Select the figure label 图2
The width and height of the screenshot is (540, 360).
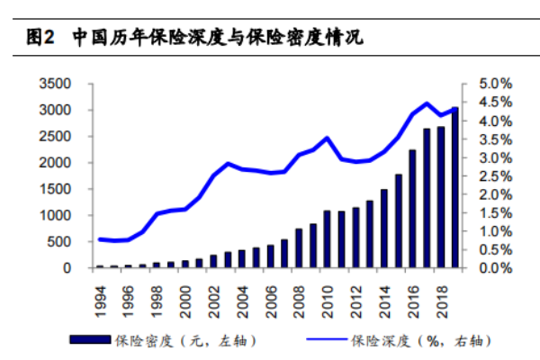tap(40, 37)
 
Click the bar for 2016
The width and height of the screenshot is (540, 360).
tap(412, 209)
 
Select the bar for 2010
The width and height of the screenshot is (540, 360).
tap(328, 239)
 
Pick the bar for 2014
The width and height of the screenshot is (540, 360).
tap(384, 229)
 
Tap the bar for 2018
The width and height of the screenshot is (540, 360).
tap(441, 197)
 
